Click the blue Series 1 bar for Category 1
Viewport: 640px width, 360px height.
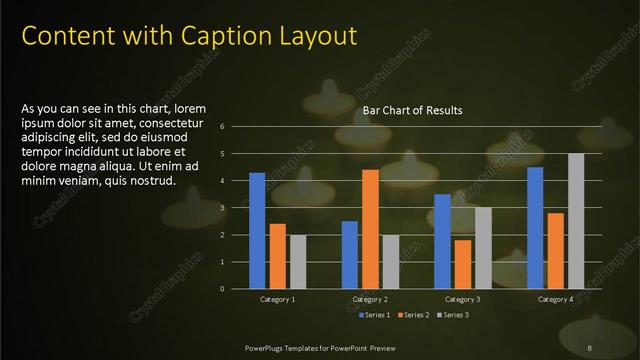click(257, 230)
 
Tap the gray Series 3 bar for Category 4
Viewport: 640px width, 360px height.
click(576, 221)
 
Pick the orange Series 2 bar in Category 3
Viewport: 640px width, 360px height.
click(463, 264)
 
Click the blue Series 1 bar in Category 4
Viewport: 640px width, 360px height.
click(535, 227)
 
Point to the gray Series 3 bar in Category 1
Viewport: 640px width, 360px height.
click(297, 261)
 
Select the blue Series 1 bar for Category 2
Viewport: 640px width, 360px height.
click(350, 254)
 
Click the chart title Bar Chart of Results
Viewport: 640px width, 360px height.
click(412, 110)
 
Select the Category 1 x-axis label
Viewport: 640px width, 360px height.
click(277, 299)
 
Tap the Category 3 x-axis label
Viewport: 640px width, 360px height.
click(462, 299)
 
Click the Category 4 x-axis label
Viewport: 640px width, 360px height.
click(555, 299)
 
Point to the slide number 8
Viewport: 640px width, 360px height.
click(590, 348)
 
